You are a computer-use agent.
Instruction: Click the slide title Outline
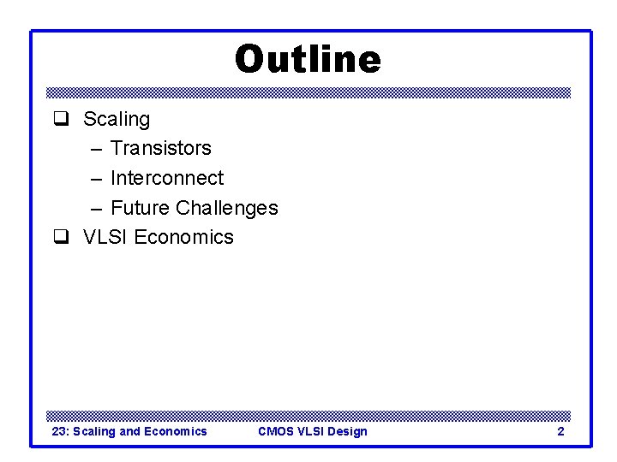tap(308, 60)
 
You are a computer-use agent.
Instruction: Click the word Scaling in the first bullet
tap(116, 119)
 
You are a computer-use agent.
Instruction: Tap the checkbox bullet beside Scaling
tap(61, 119)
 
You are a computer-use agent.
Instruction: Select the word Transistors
tap(160, 148)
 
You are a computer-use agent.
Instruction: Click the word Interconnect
tap(166, 178)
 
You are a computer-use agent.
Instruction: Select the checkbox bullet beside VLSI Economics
tap(61, 237)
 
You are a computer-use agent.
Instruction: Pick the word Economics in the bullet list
tap(183, 237)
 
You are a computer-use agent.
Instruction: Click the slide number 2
tap(560, 431)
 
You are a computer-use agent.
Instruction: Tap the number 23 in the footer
tap(59, 431)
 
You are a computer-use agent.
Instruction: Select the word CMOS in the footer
tap(275, 431)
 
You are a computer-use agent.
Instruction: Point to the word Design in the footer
tap(347, 431)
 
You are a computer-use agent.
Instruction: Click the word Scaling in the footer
tap(94, 431)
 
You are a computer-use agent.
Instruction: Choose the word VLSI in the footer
tap(310, 431)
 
